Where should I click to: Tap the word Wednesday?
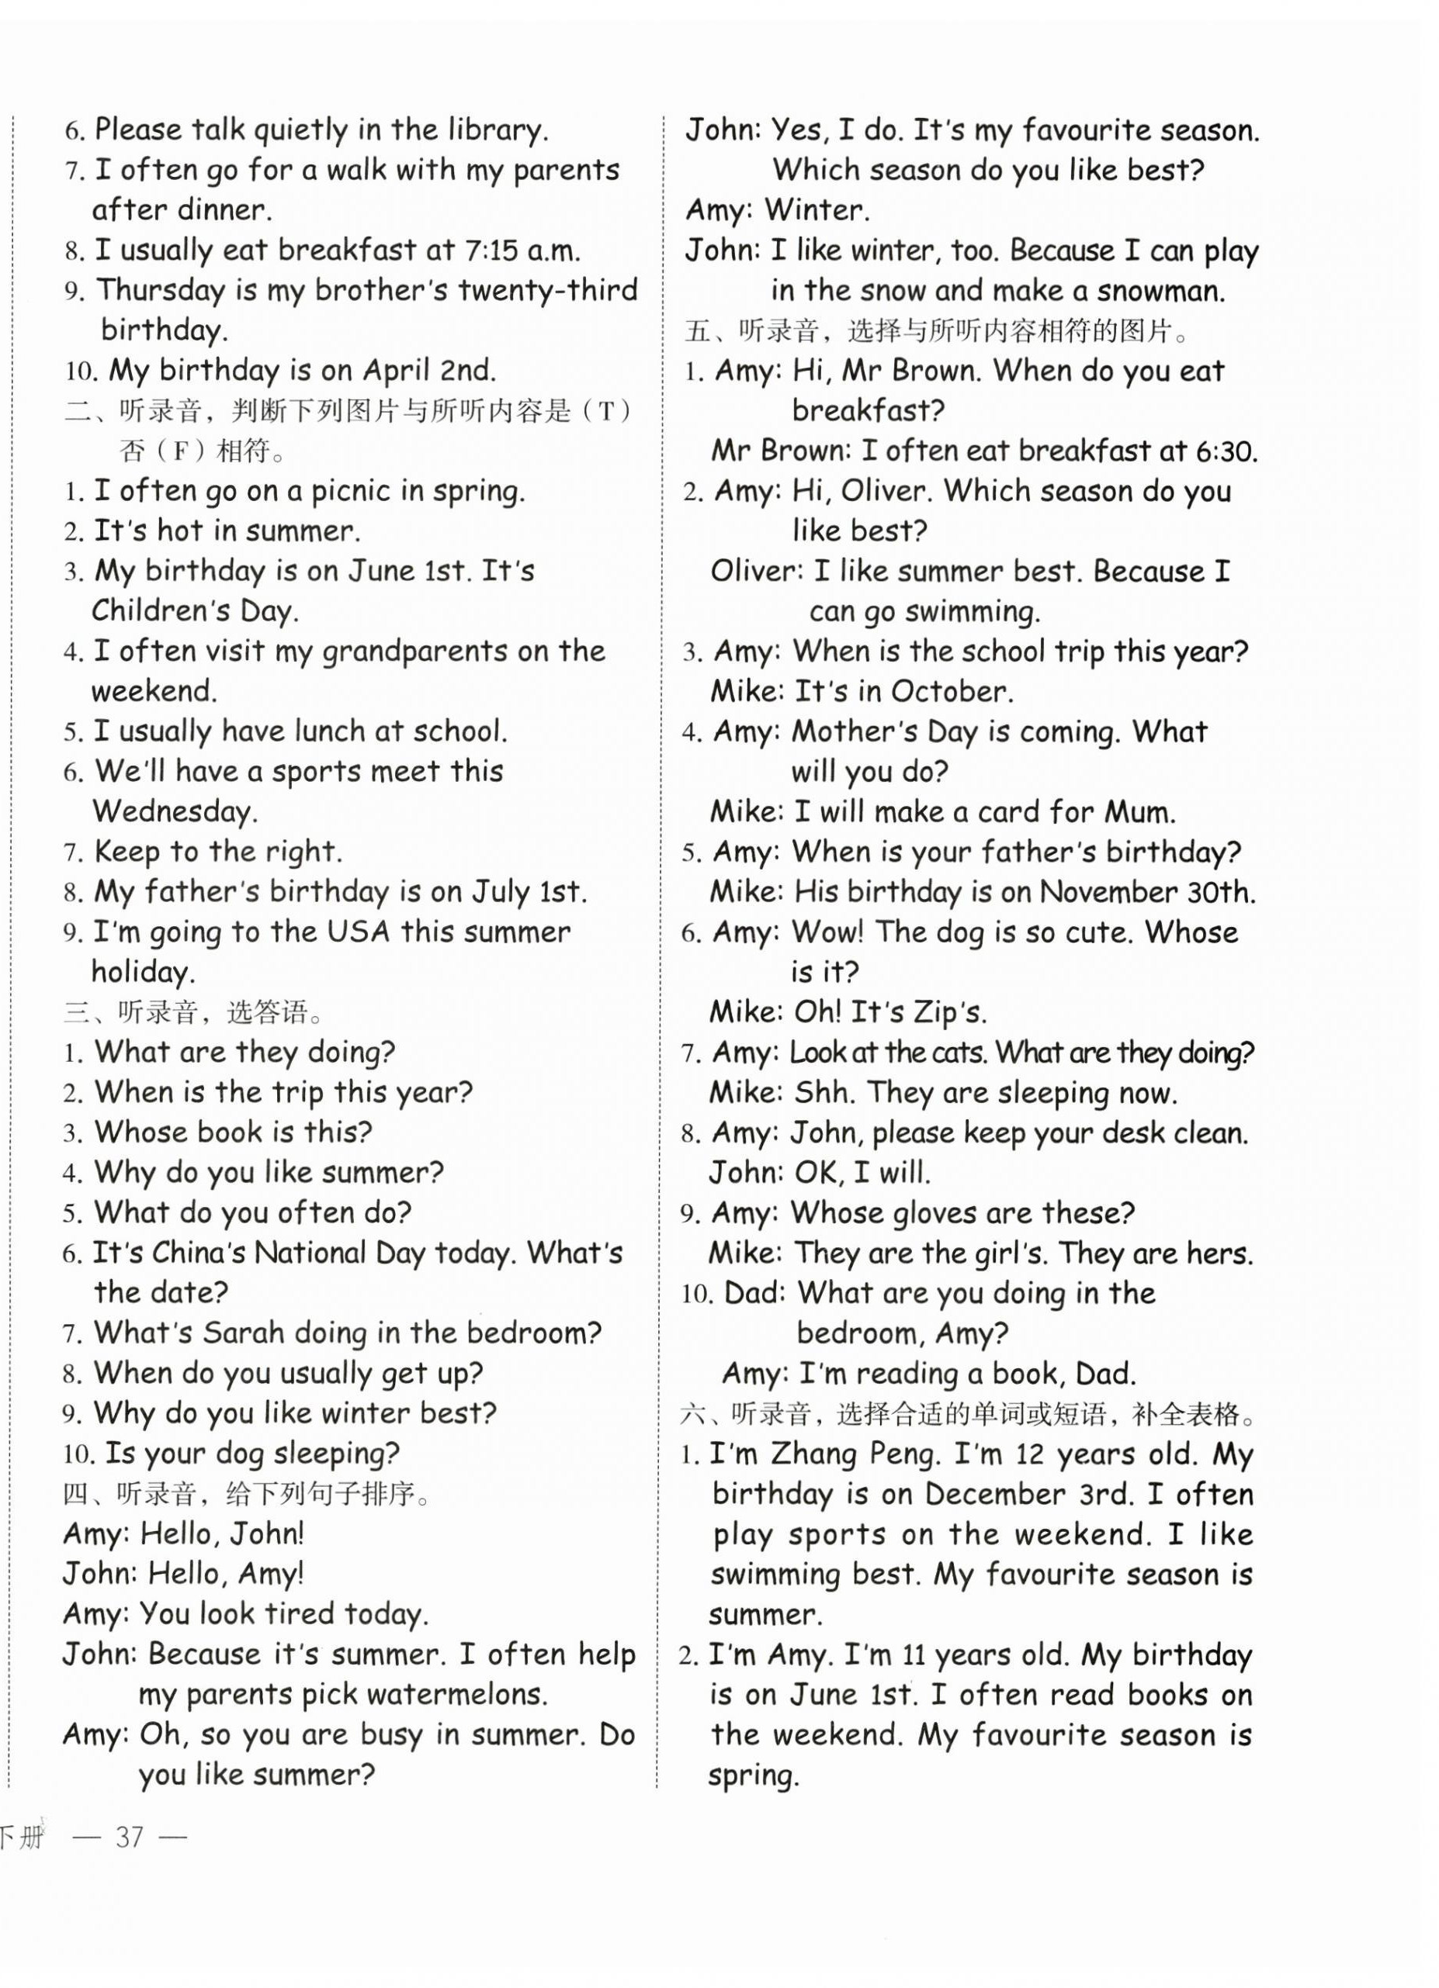coord(175,811)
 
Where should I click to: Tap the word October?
coord(952,692)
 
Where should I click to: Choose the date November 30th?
coord(1148,892)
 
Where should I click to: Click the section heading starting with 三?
coord(194,1012)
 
